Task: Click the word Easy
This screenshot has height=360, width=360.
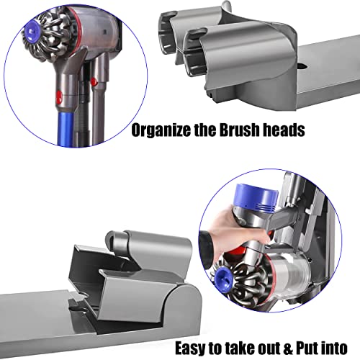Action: tap(191, 348)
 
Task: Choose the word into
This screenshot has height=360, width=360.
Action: tap(334, 348)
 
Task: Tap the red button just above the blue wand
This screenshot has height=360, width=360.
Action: tap(58, 97)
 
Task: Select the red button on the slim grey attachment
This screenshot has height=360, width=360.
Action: tap(94, 81)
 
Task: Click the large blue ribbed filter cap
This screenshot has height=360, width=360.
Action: tap(256, 199)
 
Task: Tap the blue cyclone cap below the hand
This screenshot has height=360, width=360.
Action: tap(223, 279)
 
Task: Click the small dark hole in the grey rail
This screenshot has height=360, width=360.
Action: tap(303, 66)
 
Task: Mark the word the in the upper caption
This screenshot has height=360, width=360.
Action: tap(205, 129)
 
